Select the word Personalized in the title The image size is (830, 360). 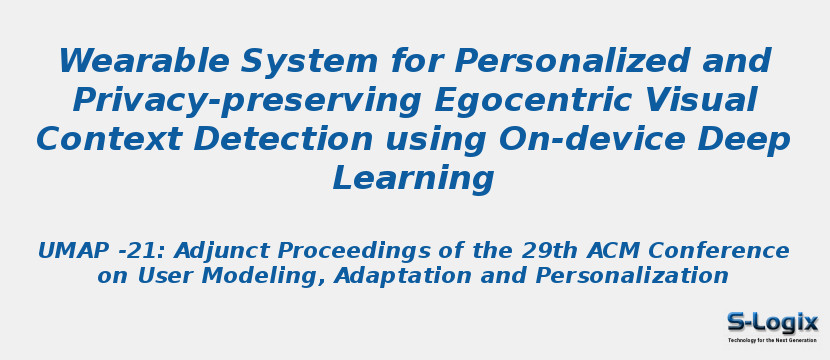[x=573, y=62]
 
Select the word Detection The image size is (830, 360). [x=283, y=140]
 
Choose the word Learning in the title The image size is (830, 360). [x=413, y=179]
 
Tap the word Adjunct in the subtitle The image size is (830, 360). [x=221, y=252]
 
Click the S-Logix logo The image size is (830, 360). [x=772, y=325]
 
